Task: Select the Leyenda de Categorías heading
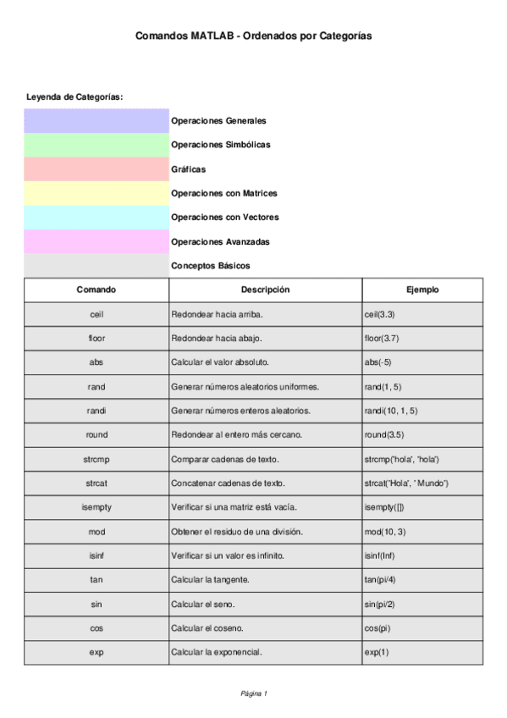[74, 97]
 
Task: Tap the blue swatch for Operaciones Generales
[96, 120]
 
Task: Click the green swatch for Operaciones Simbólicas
[96, 145]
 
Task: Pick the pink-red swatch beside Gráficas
[96, 168]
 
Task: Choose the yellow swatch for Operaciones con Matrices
[96, 193]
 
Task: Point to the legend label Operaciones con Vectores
[224, 218]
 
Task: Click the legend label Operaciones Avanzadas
[220, 241]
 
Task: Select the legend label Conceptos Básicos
[210, 266]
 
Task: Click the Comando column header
[96, 290]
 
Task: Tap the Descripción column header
[265, 290]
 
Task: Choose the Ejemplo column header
[422, 290]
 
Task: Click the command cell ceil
[96, 314]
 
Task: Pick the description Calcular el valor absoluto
[220, 362]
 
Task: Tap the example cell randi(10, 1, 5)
[391, 411]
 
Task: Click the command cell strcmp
[96, 459]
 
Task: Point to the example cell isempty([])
[384, 507]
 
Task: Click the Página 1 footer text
[254, 693]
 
